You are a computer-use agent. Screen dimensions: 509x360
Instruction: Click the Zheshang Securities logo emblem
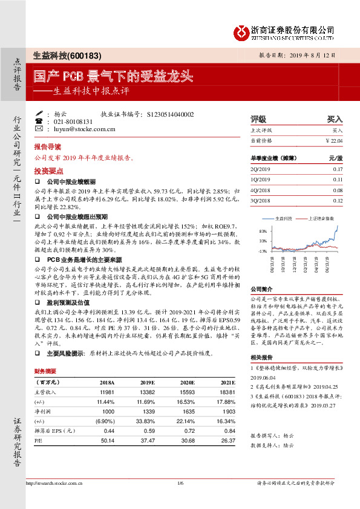[243, 30]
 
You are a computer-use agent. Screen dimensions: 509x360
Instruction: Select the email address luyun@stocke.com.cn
[85, 129]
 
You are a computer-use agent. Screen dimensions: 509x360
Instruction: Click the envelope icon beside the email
[39, 129]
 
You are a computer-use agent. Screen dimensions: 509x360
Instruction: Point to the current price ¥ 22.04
[334, 140]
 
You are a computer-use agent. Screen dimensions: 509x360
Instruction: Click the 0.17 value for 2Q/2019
[338, 169]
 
